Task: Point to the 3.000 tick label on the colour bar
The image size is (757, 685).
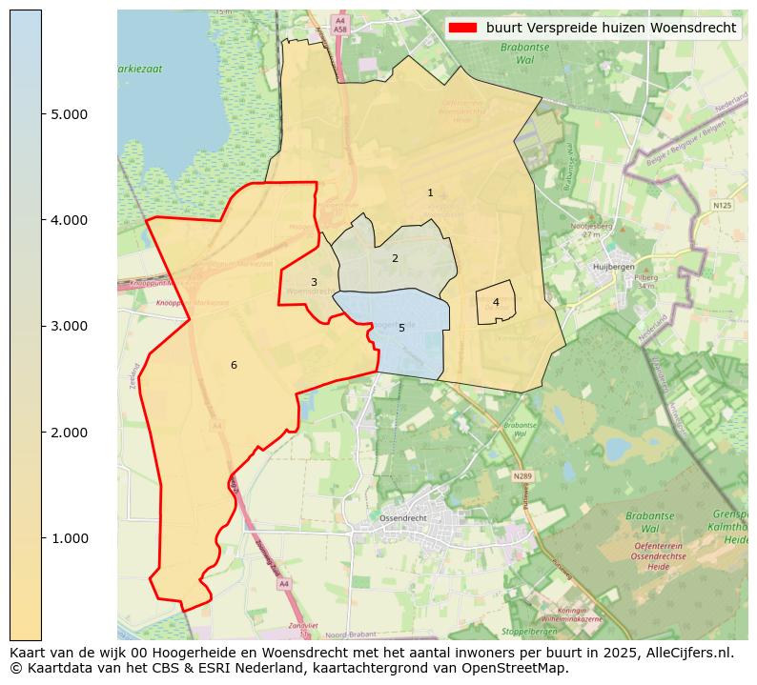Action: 69,326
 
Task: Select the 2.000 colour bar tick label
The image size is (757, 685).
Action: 69,433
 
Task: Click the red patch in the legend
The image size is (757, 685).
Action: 462,28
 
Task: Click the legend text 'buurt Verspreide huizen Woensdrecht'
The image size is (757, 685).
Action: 610,28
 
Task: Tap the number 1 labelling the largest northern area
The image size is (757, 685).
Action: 430,193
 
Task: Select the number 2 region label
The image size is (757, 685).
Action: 395,258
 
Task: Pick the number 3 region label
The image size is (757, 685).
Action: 314,283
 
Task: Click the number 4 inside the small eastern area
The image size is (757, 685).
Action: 496,302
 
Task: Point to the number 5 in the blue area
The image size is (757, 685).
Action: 401,329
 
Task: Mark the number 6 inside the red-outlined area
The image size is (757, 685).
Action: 234,366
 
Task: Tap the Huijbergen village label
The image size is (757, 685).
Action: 613,268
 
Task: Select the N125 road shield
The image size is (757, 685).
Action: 722,205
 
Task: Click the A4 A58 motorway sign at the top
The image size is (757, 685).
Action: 339,25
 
